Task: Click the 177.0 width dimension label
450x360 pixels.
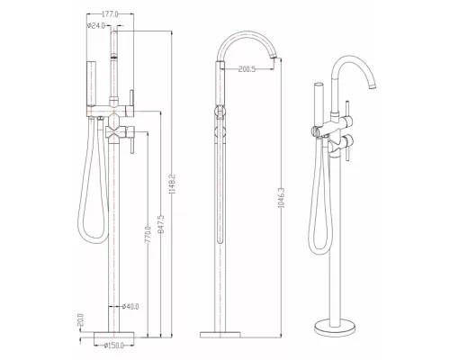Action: (x=110, y=14)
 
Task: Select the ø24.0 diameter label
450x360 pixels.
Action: (x=96, y=26)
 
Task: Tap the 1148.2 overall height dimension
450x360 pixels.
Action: (x=173, y=184)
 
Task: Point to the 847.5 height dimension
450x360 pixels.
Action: (x=161, y=224)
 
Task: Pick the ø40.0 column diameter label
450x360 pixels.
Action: (x=130, y=307)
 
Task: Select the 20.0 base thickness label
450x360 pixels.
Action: (x=80, y=320)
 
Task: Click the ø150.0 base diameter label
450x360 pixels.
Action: (x=114, y=346)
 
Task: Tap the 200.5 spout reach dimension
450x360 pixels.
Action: (x=247, y=69)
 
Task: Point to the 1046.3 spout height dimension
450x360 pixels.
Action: (x=281, y=197)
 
